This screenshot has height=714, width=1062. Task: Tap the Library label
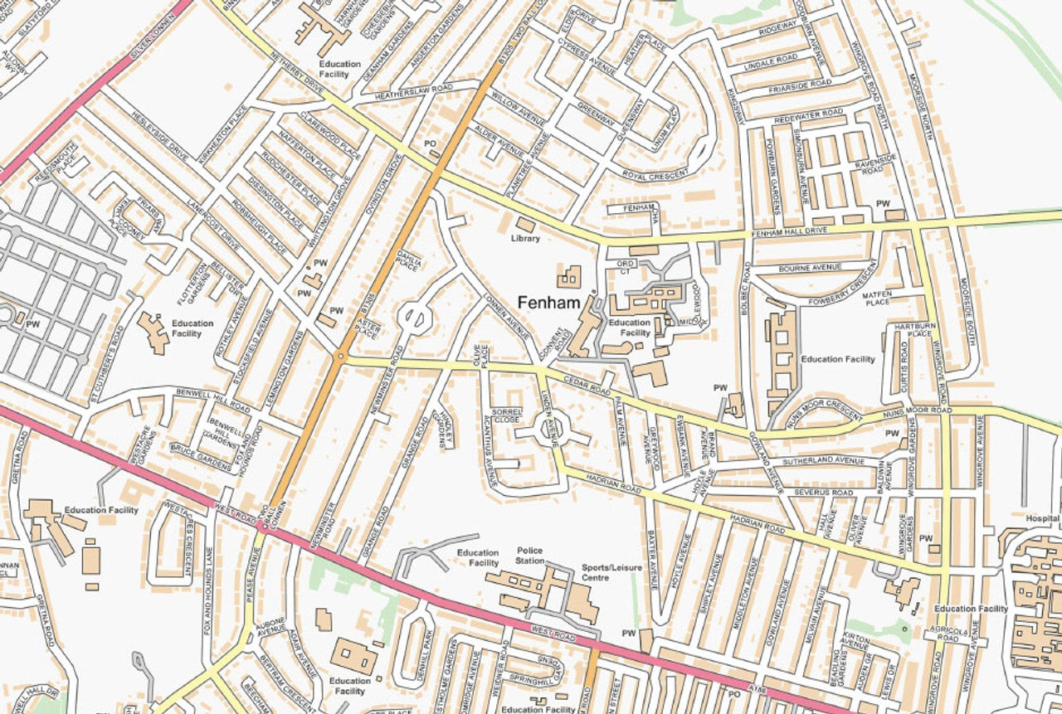coord(525,239)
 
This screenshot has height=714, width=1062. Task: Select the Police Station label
coord(529,556)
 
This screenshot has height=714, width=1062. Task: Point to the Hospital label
coord(1042,519)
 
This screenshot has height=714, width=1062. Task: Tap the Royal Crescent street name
coord(655,175)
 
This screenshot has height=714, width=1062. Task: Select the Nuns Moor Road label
coord(917,410)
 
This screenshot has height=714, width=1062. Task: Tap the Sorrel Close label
coord(506,415)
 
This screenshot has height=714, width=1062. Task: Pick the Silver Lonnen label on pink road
coord(155,38)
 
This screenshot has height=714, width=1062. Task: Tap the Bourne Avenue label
coord(810,268)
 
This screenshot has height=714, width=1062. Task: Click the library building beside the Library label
coord(525,224)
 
